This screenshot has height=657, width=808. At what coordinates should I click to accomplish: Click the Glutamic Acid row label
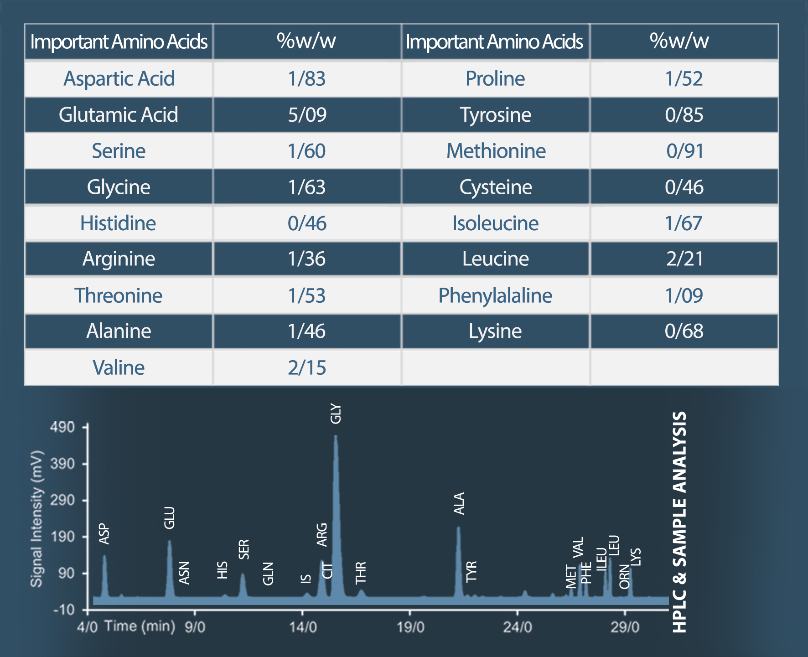tap(119, 114)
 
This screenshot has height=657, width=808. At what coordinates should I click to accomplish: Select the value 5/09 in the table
tap(307, 114)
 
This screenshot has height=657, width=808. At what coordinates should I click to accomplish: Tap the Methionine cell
tap(496, 151)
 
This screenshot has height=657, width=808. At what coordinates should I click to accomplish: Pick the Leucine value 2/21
tap(684, 259)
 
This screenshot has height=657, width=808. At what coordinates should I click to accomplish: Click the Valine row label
tap(119, 367)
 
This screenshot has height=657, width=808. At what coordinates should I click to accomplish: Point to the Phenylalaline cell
tap(495, 295)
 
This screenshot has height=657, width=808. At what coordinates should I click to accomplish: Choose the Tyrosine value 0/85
tap(684, 114)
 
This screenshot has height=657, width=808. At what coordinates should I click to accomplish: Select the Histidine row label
tap(118, 223)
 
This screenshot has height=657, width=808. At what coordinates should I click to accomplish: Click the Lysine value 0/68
tap(684, 331)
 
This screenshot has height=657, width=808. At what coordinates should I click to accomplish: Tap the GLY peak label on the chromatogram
tap(336, 414)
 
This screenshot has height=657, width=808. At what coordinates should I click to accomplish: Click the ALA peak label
tap(459, 503)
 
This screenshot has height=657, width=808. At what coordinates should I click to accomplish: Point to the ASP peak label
tap(104, 534)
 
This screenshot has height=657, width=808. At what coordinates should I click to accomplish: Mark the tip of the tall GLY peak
tap(336, 436)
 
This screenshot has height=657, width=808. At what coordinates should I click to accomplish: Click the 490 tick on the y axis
tap(62, 427)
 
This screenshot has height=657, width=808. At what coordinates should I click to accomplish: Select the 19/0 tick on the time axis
tap(410, 627)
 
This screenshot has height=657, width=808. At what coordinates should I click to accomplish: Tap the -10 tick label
tap(64, 610)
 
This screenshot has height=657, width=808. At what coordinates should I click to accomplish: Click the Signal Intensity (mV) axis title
tap(36, 518)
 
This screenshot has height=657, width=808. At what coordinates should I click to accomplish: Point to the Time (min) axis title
tap(140, 626)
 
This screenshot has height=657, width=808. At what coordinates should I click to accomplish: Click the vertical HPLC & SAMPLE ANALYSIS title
tap(679, 522)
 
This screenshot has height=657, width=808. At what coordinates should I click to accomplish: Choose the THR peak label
tap(361, 573)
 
